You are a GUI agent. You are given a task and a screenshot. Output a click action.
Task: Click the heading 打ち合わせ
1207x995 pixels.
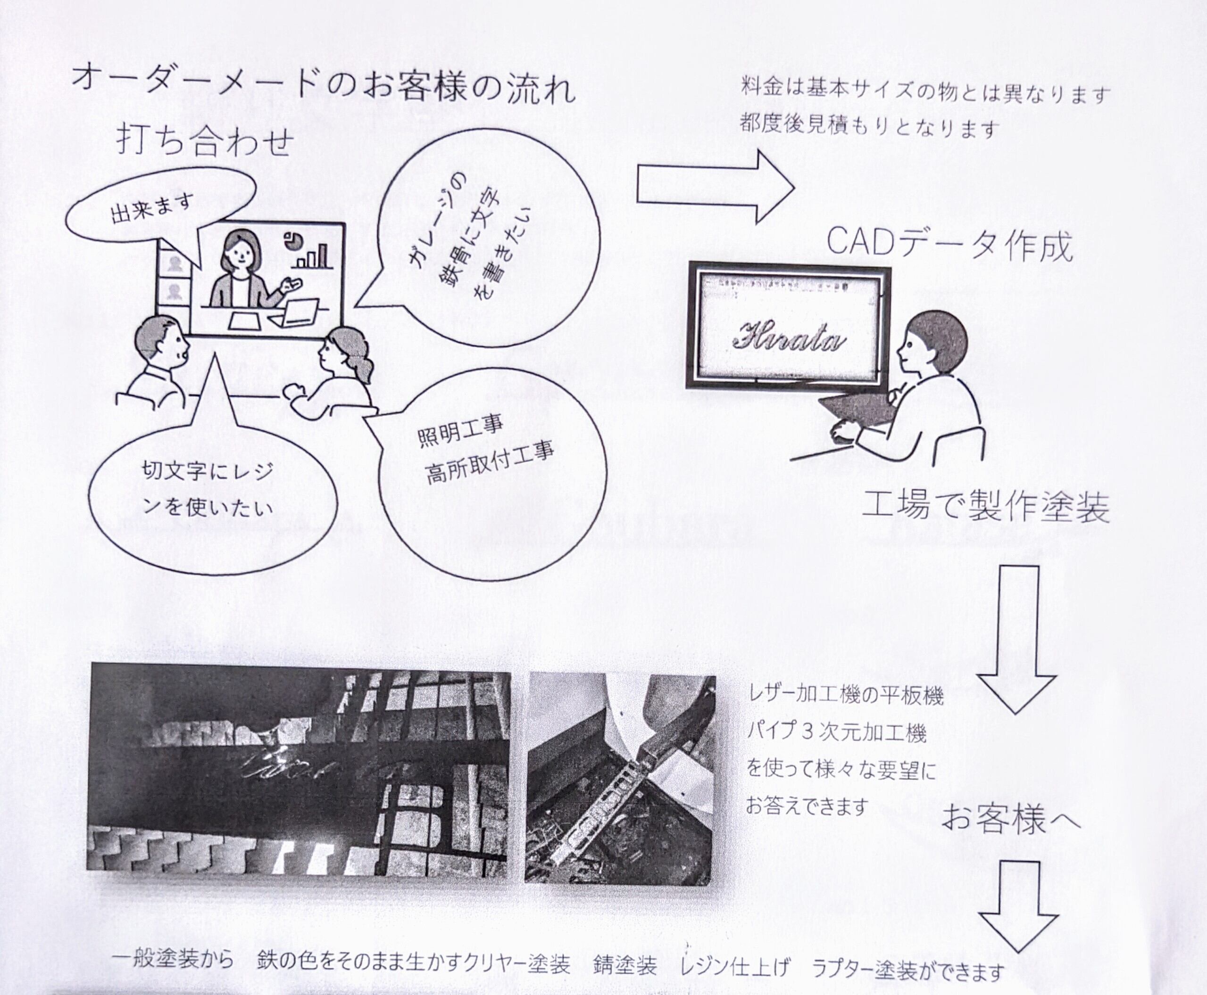205,141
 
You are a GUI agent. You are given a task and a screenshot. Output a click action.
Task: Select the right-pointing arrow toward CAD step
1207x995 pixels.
716,186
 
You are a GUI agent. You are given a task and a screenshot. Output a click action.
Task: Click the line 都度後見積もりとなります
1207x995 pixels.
869,127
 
